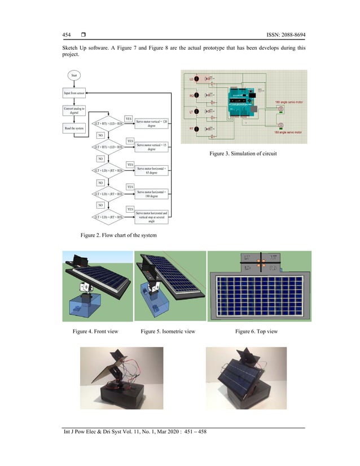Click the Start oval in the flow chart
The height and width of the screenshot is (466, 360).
pyautogui.click(x=73, y=75)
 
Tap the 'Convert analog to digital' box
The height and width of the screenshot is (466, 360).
pyautogui.click(x=73, y=111)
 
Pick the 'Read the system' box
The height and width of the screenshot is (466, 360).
pyautogui.click(x=74, y=128)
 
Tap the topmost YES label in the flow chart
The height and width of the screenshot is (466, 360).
pyautogui.click(x=129, y=119)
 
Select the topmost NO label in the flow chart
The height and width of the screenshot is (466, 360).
pyautogui.click(x=100, y=135)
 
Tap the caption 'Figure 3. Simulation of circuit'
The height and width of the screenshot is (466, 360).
pyautogui.click(x=243, y=153)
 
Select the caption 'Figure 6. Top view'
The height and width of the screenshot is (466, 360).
pyautogui.click(x=256, y=331)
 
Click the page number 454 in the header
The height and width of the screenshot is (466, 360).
pyautogui.click(x=66, y=37)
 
